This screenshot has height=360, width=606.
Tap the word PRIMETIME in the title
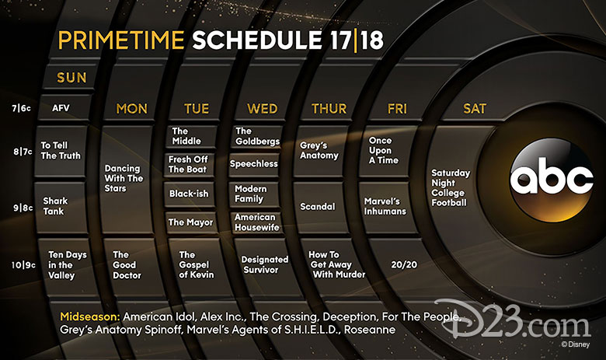click(121, 40)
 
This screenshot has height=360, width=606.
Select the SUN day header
click(71, 78)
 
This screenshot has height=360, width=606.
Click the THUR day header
click(329, 109)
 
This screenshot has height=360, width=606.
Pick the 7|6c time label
click(21, 108)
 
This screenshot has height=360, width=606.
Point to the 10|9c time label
click(23, 265)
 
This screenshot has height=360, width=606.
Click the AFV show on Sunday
click(61, 108)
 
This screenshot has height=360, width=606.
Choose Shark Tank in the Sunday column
click(55, 206)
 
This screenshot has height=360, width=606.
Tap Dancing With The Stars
click(124, 178)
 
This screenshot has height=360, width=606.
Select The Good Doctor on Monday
click(127, 265)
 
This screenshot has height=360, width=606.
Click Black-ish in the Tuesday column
click(189, 194)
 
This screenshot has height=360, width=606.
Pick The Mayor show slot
click(190, 222)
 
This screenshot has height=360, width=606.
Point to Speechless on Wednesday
click(253, 164)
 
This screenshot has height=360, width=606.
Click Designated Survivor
click(265, 264)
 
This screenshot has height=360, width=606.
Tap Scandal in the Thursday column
click(317, 207)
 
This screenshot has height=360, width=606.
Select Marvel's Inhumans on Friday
click(385, 207)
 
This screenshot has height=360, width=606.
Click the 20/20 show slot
click(404, 264)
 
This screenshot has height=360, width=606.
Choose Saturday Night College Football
click(451, 187)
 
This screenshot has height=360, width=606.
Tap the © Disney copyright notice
click(576, 344)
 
